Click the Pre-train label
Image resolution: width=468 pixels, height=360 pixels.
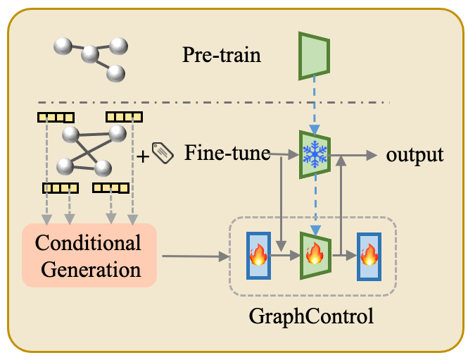pos(222,55)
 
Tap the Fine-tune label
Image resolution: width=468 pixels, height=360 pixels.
pos(227,153)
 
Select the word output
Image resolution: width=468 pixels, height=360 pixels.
pos(415,156)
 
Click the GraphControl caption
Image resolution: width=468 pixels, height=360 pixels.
pos(311,316)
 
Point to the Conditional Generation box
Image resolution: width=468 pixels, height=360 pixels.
pos(89,256)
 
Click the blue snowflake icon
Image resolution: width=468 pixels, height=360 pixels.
pos(315,154)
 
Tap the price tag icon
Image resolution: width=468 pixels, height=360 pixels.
pos(163,153)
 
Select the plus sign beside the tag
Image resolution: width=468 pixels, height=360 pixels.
pos(143,156)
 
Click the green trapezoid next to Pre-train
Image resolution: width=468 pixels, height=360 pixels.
pos(314,56)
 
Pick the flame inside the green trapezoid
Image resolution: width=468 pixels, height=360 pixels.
pos(315,253)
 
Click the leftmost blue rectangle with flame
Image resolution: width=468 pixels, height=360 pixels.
pos(258,256)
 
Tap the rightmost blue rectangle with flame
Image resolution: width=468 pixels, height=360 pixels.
pos(369,256)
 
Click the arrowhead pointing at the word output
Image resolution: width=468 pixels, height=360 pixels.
pos(372,156)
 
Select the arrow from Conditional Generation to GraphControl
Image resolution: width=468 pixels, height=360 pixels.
pos(196,256)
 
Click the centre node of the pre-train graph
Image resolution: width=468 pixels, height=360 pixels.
pos(90,54)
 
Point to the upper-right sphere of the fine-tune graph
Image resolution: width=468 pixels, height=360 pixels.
pos(118,134)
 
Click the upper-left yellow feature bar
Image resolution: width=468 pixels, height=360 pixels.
pos(56,118)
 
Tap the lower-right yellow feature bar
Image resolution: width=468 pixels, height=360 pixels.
pos(110,188)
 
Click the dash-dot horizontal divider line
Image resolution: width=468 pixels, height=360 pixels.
pos(214,102)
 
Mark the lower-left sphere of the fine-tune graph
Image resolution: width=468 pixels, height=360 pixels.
pos(65,167)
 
